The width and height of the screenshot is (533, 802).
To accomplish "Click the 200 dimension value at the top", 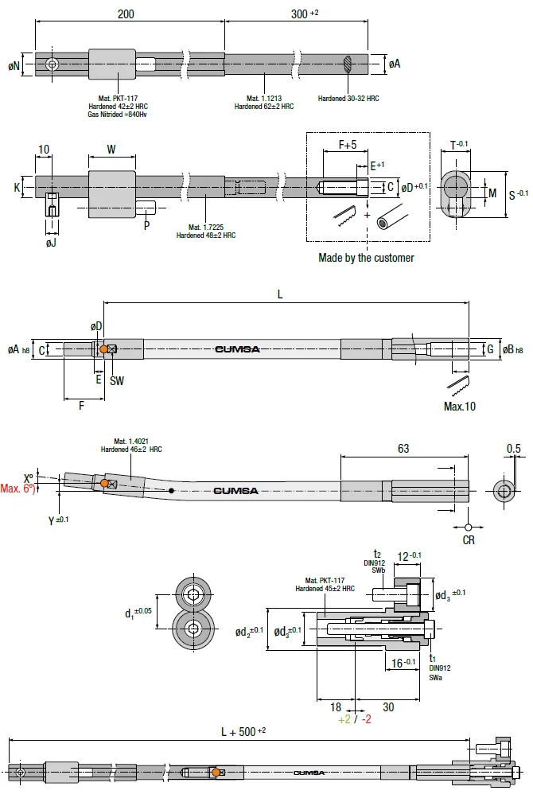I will (126, 14).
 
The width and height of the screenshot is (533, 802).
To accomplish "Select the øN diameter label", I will (14, 65).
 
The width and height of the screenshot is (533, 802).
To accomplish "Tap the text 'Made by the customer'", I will (366, 258).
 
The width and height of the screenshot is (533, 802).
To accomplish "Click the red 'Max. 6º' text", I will (18, 489).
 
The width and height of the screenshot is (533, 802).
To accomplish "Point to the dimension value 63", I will (403, 449).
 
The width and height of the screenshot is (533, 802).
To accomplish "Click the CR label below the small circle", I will (469, 540).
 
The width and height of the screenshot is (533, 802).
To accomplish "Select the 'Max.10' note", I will (460, 407).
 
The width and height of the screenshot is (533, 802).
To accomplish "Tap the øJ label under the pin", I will (51, 242).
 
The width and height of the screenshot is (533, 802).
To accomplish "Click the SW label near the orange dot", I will (117, 381).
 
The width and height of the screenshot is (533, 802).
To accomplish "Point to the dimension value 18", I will (335, 706).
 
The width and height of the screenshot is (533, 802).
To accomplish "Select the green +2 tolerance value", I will (344, 719).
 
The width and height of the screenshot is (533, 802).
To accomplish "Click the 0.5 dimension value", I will (514, 449).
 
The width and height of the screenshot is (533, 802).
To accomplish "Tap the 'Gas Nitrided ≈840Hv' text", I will (118, 115).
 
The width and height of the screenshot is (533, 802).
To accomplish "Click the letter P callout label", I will (146, 225).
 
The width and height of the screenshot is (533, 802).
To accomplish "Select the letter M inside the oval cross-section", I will (492, 193).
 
